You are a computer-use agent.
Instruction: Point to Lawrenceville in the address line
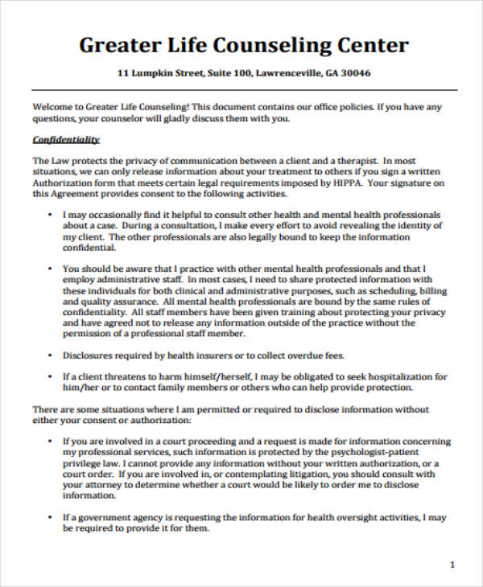click(x=289, y=73)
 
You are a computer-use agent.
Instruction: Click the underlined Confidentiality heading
click(x=65, y=139)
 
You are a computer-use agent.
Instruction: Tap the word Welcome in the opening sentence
click(x=53, y=106)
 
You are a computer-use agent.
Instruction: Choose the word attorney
click(x=104, y=485)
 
